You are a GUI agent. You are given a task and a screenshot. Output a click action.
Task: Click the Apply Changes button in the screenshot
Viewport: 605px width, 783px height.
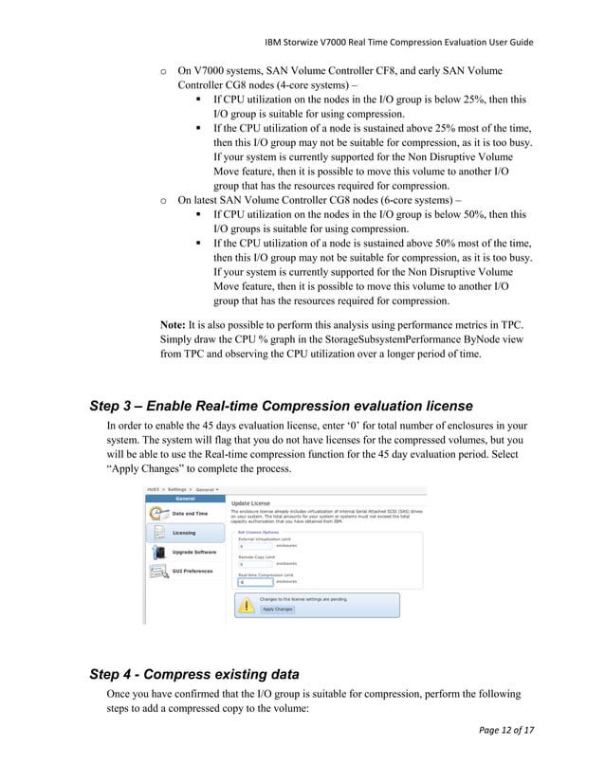pyautogui.click(x=278, y=610)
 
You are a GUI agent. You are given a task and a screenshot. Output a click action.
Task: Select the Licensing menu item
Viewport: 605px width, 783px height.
pyautogui.click(x=183, y=533)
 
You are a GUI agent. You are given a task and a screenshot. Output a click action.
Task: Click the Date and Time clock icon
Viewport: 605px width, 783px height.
pyautogui.click(x=157, y=513)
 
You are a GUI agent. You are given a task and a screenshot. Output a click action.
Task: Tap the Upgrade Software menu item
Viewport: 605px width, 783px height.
pyautogui.click(x=193, y=552)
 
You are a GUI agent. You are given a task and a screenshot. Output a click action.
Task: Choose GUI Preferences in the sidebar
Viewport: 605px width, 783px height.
pyautogui.click(x=192, y=571)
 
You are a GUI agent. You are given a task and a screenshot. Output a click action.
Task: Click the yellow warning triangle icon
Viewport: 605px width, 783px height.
pyautogui.click(x=247, y=606)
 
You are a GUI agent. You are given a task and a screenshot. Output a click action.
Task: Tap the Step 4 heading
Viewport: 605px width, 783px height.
pyautogui.click(x=194, y=674)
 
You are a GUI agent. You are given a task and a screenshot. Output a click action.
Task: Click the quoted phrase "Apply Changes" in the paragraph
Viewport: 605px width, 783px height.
pyautogui.click(x=147, y=469)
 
